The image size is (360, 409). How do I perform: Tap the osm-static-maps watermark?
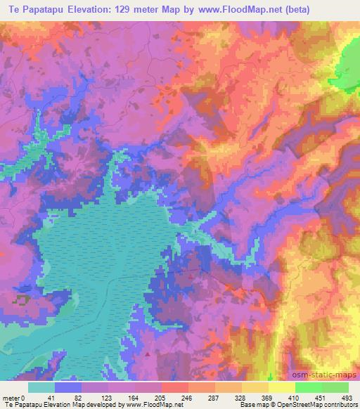point(326,374)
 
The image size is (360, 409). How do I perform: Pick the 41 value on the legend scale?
point(54,397)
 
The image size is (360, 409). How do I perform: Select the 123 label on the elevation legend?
point(108,397)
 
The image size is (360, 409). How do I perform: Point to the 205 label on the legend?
point(162,397)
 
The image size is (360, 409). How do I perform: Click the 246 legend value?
point(188,397)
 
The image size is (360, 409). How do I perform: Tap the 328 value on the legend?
point(242,397)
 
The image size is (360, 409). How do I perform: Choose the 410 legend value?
point(295,397)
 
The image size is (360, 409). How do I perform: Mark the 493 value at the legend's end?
point(347,397)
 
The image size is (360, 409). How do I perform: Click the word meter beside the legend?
point(11,397)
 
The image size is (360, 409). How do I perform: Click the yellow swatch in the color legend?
point(281,387)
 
